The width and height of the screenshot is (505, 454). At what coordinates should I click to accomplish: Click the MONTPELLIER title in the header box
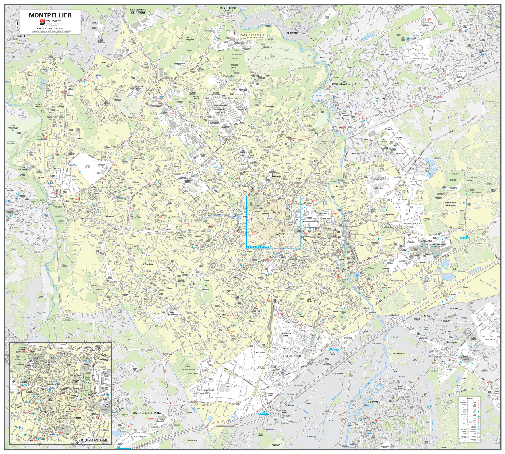tap(50, 15)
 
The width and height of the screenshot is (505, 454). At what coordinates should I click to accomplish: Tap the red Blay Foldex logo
tap(42, 21)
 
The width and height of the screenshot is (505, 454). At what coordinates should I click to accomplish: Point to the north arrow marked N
tap(17, 25)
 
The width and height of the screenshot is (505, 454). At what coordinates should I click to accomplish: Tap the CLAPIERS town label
tap(292, 33)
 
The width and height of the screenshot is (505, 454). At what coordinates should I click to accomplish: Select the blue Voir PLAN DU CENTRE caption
tap(258, 247)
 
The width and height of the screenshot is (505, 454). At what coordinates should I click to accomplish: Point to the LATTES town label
tap(373, 402)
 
